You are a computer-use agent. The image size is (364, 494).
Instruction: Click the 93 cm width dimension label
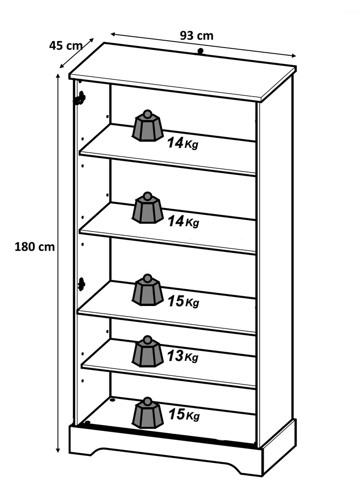click(x=196, y=36)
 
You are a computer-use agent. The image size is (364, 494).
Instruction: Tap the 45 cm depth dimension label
click(x=65, y=46)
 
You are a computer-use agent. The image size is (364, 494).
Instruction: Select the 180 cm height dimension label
click(x=35, y=247)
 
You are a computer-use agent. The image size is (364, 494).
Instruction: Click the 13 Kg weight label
click(x=183, y=356)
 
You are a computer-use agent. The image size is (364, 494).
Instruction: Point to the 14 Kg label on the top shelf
click(x=183, y=143)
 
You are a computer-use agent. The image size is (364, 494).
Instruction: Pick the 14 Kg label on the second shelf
click(x=183, y=221)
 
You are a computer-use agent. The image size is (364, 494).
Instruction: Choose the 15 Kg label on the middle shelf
click(x=183, y=301)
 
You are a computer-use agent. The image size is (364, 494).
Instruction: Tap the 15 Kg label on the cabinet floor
click(x=184, y=414)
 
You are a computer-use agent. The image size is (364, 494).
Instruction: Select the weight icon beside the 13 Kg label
click(x=147, y=351)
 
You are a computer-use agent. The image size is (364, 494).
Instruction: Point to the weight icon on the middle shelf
click(x=147, y=290)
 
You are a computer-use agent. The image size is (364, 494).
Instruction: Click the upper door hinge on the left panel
click(x=80, y=99)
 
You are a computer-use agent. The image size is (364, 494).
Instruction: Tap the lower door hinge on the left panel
click(x=81, y=284)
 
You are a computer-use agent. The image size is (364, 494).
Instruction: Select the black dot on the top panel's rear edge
click(x=200, y=51)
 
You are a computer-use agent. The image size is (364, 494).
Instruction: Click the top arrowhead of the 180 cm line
click(x=58, y=76)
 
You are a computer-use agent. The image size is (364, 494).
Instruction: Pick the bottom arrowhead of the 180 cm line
click(x=58, y=450)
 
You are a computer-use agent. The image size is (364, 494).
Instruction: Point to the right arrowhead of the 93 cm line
click(x=293, y=56)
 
